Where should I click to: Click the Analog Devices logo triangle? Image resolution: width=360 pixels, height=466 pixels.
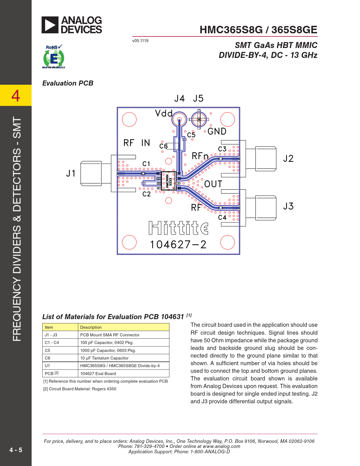point(50,25)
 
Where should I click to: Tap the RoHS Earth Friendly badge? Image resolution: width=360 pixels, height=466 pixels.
point(54,57)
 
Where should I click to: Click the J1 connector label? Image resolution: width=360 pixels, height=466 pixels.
point(71,173)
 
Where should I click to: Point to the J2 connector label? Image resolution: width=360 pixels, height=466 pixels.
point(288,158)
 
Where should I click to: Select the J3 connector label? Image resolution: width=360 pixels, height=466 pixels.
point(288,206)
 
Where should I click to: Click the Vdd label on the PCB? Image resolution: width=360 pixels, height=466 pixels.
point(164,114)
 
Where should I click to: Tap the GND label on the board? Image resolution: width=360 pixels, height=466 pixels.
point(217,131)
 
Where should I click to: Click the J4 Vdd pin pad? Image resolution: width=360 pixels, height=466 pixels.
point(179,119)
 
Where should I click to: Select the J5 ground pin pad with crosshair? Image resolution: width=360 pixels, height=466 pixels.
point(199,119)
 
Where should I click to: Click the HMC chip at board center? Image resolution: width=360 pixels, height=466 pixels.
point(169,181)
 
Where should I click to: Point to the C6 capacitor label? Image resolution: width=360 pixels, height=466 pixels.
point(163,146)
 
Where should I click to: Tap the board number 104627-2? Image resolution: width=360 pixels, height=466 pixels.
point(178,245)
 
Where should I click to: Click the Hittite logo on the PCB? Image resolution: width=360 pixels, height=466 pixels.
point(178,228)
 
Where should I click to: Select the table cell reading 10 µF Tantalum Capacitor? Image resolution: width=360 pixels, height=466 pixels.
point(104,358)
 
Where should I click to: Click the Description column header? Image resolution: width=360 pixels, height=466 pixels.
point(91,327)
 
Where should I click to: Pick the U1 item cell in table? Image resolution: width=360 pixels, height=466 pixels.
point(47,366)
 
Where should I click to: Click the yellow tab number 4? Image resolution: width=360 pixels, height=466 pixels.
point(16,95)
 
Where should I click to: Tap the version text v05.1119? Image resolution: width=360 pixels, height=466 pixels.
point(140,41)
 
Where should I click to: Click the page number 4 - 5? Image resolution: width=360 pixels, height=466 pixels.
point(16,450)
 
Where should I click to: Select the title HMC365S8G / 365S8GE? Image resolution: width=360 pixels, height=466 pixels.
point(258,30)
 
